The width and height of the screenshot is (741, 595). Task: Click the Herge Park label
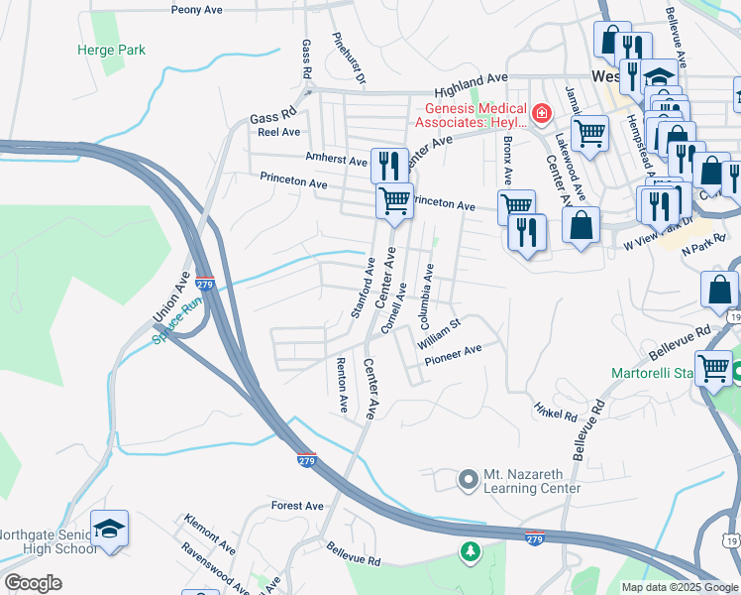pos(111,50)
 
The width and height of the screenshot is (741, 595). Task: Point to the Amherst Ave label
pos(337,159)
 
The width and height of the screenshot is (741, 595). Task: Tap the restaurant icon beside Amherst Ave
pos(388,164)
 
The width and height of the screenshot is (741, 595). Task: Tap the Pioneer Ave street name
pos(453,350)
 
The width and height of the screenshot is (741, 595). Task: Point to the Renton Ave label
pos(343,386)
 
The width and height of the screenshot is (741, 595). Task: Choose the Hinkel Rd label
pos(555,412)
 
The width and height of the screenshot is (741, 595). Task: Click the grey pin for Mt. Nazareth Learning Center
pos(468,480)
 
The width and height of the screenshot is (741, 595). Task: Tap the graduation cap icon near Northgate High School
pos(110,528)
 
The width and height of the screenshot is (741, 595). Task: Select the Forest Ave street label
pos(297,506)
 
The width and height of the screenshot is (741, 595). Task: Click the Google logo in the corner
pos(33,583)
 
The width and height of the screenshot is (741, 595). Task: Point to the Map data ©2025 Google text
pos(679,587)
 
